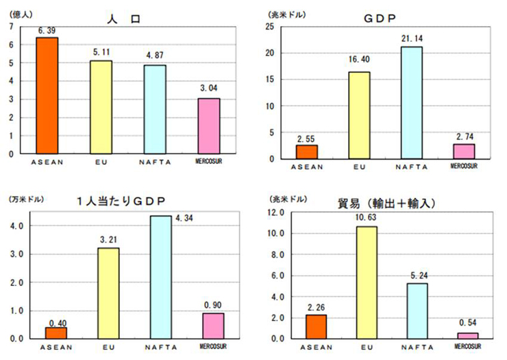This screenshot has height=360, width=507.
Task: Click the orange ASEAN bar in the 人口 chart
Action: (x=47, y=96)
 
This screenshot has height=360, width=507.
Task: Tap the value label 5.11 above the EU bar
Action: (x=101, y=53)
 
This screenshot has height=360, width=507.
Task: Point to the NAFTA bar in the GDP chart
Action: (x=410, y=103)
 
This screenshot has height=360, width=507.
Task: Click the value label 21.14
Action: (x=410, y=39)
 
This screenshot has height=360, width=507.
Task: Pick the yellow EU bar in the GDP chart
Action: (x=359, y=115)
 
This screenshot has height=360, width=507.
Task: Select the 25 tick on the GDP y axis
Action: (x=270, y=27)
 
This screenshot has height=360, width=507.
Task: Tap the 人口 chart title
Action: (x=125, y=19)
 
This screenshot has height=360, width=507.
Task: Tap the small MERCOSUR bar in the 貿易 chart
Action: (x=467, y=335)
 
